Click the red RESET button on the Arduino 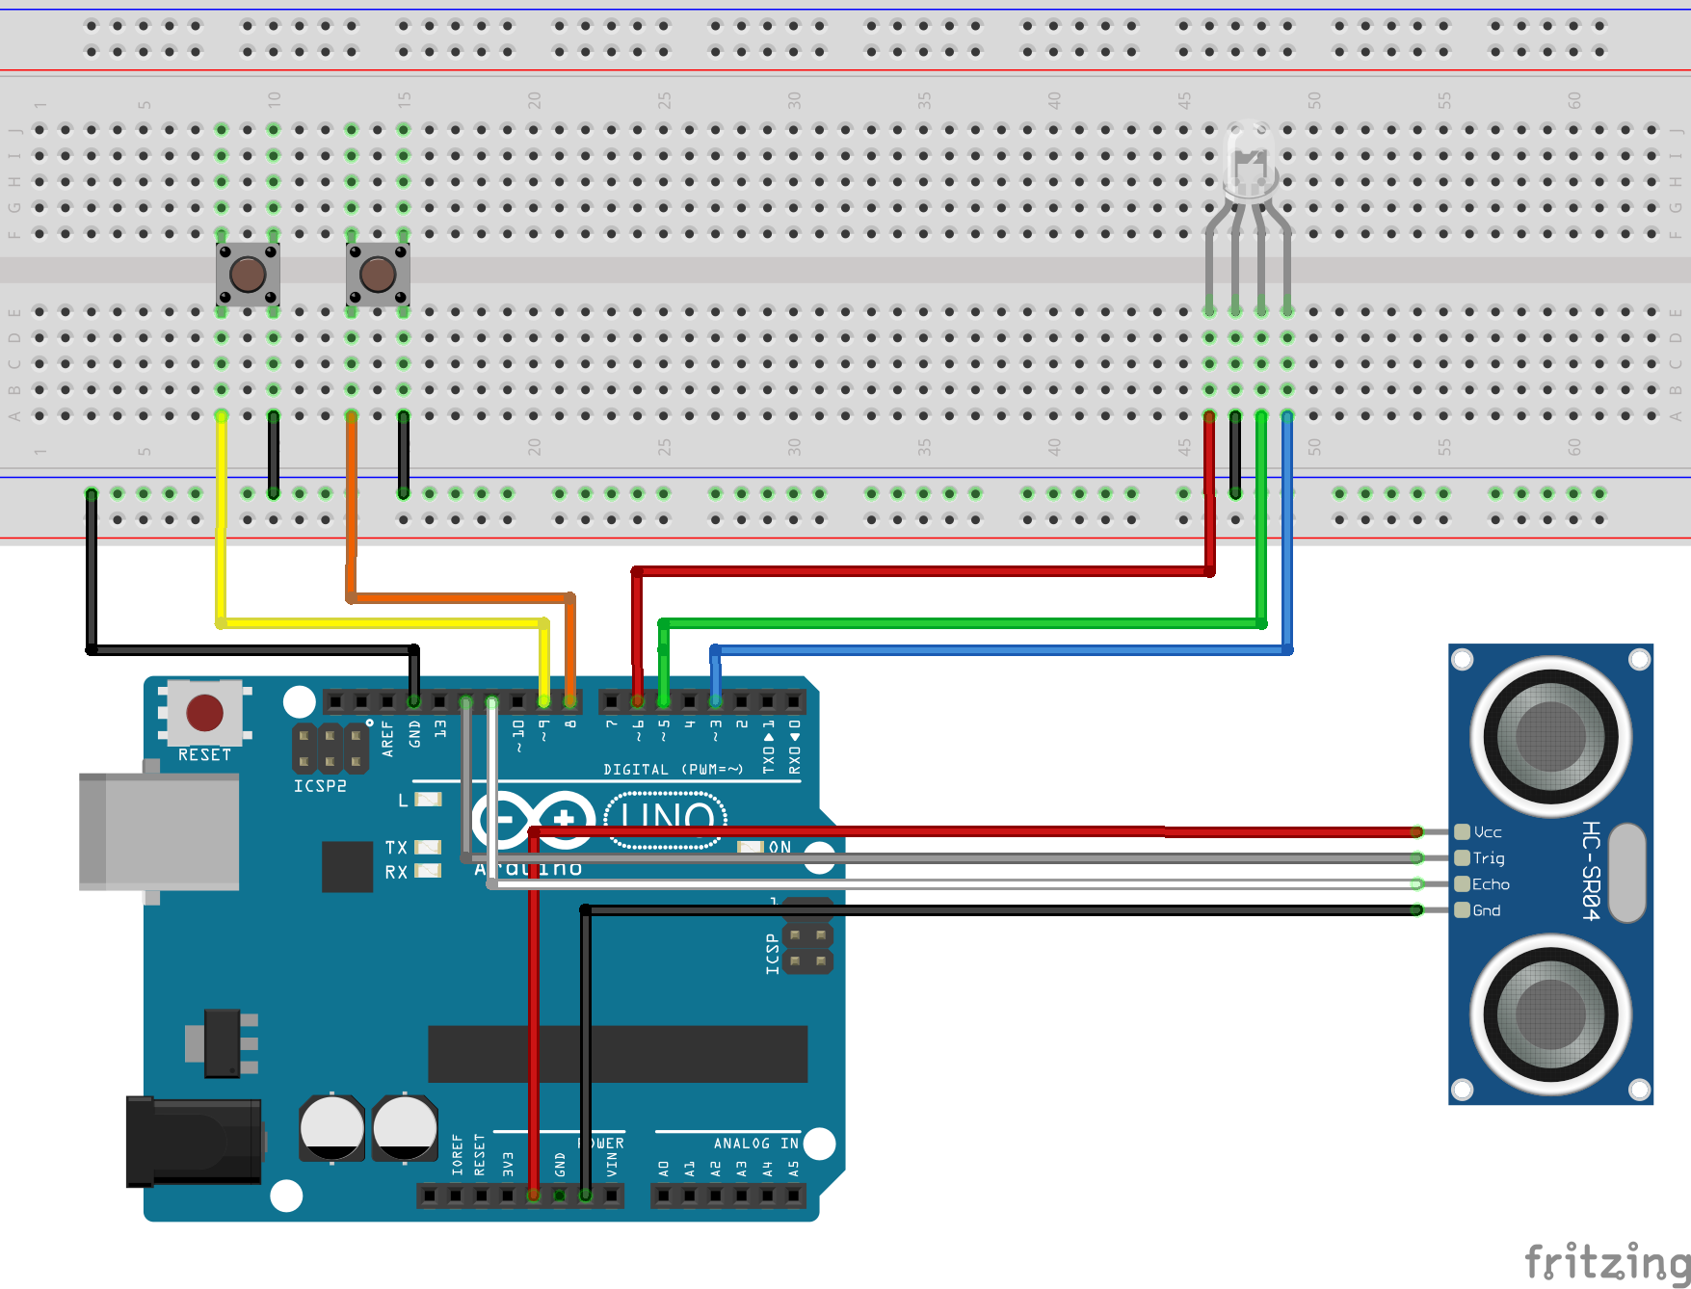click(x=204, y=713)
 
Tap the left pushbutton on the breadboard click(x=248, y=275)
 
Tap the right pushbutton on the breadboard click(x=378, y=275)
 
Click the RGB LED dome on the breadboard click(x=1249, y=159)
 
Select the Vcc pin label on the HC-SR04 click(x=1488, y=832)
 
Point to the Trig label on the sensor click(x=1489, y=858)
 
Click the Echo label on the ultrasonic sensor click(x=1491, y=884)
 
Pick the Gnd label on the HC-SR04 click(x=1487, y=910)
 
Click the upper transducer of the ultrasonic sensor click(x=1550, y=737)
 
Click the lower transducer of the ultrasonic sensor click(x=1550, y=1013)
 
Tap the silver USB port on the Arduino click(x=159, y=831)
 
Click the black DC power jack click(x=194, y=1142)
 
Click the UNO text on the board click(x=667, y=820)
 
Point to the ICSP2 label click(x=320, y=786)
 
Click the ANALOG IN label click(x=755, y=1144)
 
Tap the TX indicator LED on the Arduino click(x=428, y=847)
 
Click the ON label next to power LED click(x=779, y=847)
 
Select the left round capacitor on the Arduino click(x=331, y=1128)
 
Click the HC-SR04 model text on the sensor click(x=1591, y=871)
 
